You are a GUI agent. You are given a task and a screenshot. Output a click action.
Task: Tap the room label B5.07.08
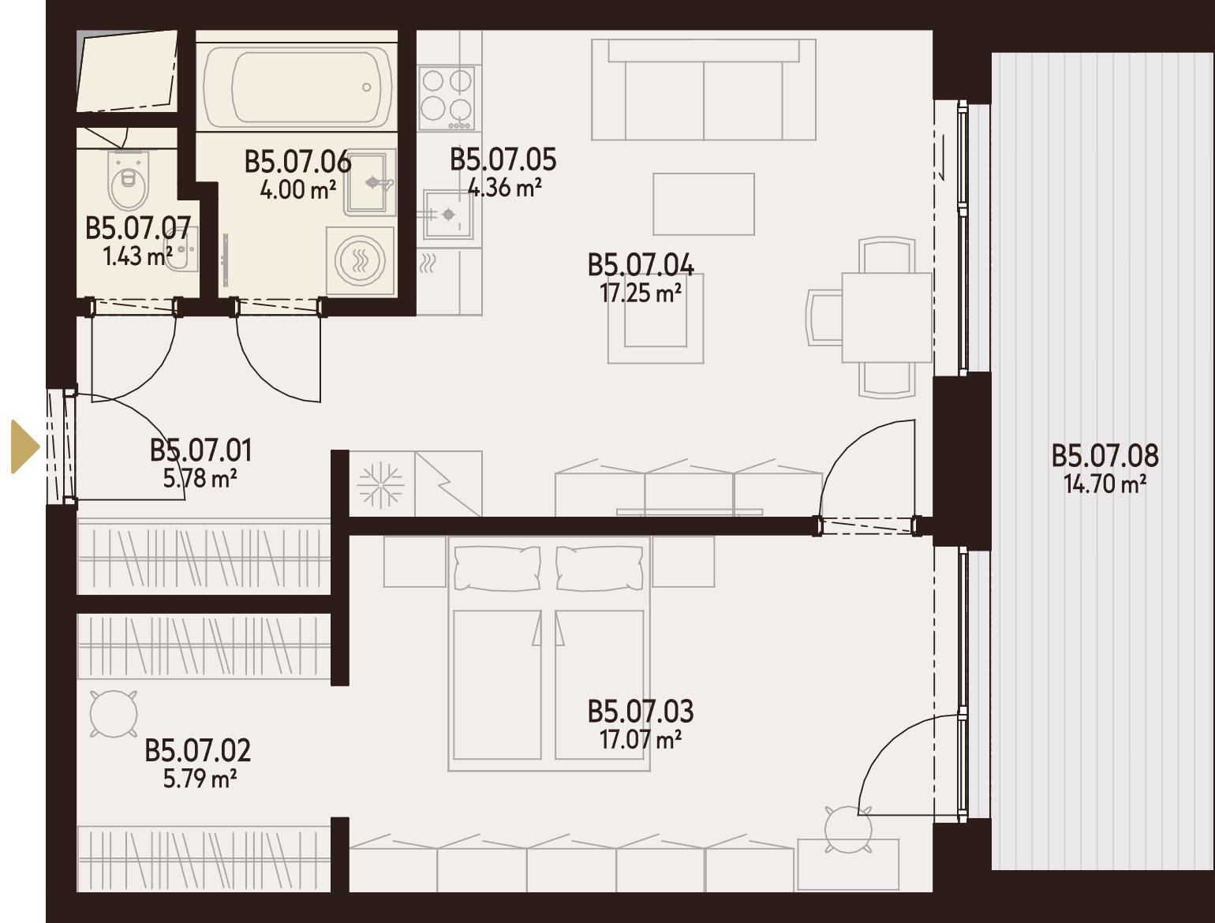1105,456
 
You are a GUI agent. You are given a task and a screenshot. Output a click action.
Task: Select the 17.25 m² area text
641,293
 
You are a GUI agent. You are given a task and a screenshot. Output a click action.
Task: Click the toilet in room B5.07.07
129,181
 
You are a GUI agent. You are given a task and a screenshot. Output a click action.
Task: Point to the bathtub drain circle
366,88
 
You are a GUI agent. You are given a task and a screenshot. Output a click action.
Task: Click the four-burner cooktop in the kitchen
446,98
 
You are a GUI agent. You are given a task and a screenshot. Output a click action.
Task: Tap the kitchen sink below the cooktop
448,214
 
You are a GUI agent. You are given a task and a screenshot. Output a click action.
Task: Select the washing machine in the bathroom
361,260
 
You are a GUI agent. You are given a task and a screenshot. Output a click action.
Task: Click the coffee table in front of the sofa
704,204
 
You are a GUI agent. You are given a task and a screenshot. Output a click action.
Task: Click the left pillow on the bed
497,568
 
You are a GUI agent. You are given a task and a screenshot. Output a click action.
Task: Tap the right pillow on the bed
600,568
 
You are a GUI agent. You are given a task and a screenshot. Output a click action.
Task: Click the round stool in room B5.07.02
114,714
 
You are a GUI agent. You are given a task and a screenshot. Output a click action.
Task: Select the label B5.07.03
641,712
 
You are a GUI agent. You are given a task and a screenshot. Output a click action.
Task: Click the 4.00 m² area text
297,190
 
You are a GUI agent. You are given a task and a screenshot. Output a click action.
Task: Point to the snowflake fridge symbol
381,485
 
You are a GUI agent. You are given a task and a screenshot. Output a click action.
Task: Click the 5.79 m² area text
200,779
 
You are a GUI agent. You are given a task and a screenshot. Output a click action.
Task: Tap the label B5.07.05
503,159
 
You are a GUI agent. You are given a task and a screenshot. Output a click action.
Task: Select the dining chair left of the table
824,318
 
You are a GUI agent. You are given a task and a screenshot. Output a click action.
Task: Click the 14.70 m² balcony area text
1105,484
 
